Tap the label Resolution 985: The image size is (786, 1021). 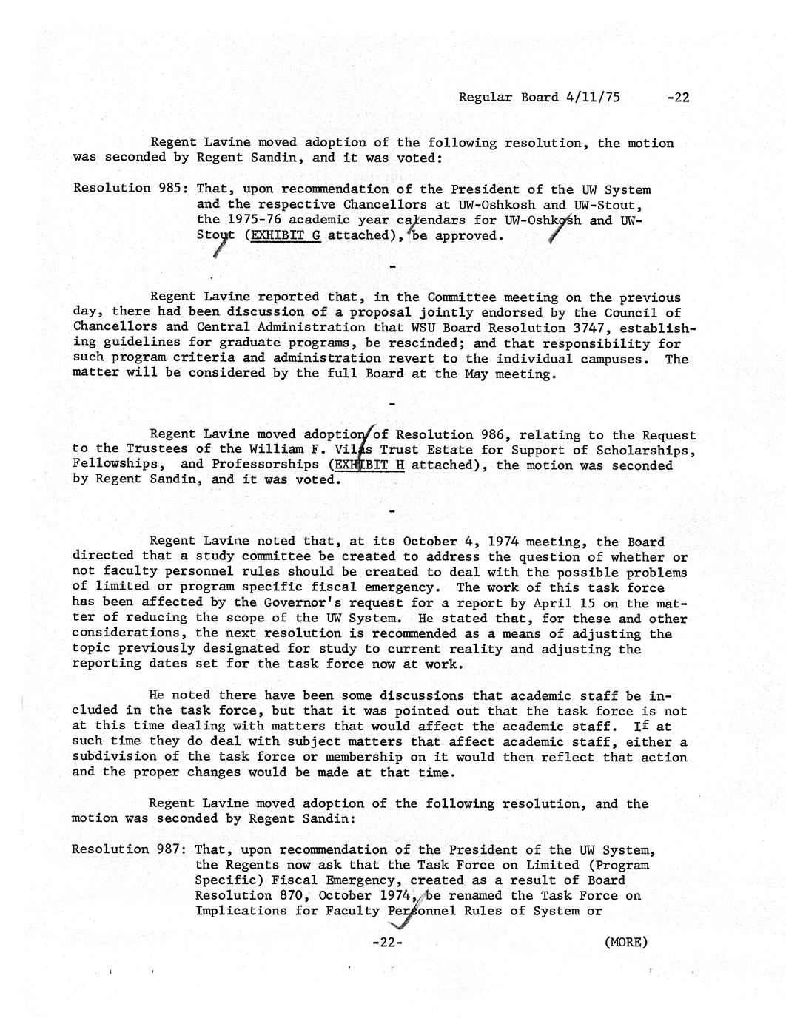point(130,188)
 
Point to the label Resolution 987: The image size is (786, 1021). point(129,849)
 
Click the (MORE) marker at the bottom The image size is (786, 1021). point(625,942)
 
